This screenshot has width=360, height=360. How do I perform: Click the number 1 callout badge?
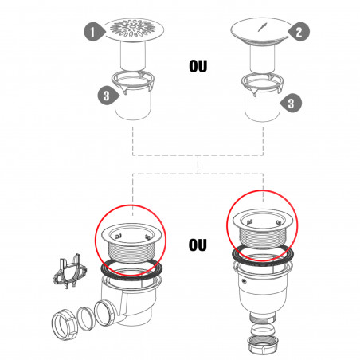pos(94,32)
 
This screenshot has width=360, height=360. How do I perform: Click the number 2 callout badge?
pos(299,32)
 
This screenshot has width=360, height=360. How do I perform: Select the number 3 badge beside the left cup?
pos(108,96)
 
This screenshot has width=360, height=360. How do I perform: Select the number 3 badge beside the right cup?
pos(291,103)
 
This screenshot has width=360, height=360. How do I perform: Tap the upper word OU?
pos(198,66)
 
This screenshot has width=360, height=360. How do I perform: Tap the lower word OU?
pos(198,245)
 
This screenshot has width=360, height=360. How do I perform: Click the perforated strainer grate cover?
pos(133,29)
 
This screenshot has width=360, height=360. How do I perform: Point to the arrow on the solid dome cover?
pos(262,27)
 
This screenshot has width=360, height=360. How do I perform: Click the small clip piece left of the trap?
pos(69,272)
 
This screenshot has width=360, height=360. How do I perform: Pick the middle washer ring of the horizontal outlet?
pos(86,319)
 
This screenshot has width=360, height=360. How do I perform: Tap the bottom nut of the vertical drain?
pos(263,345)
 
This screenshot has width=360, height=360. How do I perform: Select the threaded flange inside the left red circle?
pos(132,243)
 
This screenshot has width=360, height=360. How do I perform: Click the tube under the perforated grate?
pos(133,57)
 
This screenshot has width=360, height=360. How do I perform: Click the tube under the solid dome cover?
pos(262,58)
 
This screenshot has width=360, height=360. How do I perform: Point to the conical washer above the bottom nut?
pos(263,330)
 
